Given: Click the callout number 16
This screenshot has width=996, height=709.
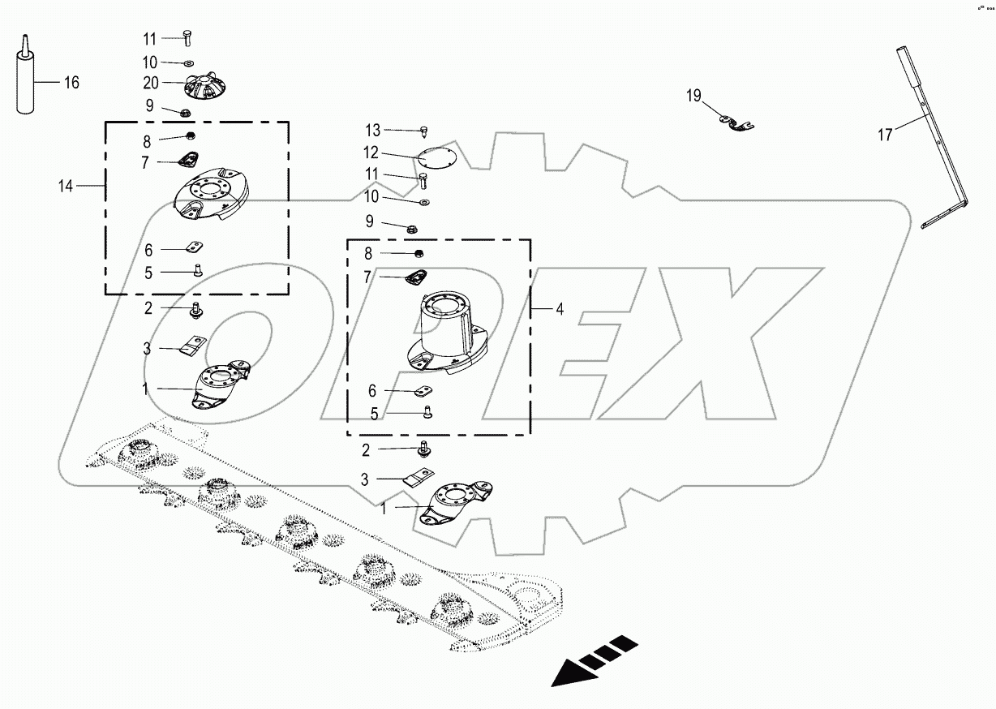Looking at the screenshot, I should click(x=71, y=82).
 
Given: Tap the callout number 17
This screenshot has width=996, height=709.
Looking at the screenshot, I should click(x=886, y=135).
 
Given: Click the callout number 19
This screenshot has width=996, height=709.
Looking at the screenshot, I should click(x=693, y=97).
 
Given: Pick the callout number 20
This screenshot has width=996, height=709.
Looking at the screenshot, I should click(x=150, y=83).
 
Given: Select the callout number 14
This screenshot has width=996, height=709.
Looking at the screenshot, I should click(x=65, y=187).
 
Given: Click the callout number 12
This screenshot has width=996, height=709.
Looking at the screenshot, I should click(x=371, y=153).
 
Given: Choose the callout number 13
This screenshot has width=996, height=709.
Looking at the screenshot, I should click(x=372, y=130).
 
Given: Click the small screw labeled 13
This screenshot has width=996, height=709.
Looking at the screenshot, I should click(x=424, y=131).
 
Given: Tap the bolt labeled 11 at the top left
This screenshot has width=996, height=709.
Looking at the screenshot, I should click(x=187, y=37).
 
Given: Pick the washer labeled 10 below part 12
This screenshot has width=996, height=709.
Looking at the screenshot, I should click(x=425, y=200).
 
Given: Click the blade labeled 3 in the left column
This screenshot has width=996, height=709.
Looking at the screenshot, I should click(x=192, y=346).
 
